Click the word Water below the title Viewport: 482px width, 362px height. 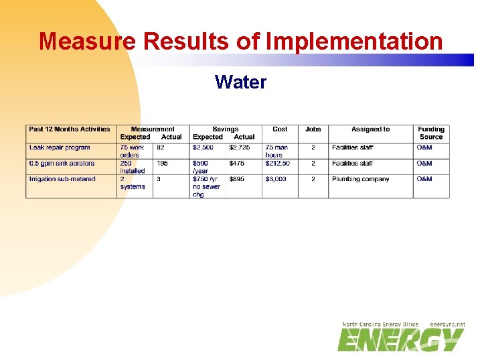[x=240, y=82]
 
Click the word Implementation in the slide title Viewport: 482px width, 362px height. [x=354, y=42]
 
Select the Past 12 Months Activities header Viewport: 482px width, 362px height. [x=70, y=129]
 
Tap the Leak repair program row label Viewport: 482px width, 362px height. [x=60, y=147]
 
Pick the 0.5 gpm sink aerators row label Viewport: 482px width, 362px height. [x=62, y=164]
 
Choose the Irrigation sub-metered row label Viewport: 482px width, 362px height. [x=62, y=179]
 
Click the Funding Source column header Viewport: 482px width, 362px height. [x=431, y=133]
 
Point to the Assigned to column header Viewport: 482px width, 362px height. [x=370, y=129]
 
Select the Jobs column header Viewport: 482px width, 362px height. [x=313, y=129]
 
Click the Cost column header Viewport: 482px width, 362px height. [x=280, y=129]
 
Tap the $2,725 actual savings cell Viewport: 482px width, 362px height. [x=240, y=147]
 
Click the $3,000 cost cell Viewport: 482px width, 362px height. [x=275, y=179]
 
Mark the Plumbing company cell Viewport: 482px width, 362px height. [x=360, y=179]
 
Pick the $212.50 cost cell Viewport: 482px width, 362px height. [x=277, y=164]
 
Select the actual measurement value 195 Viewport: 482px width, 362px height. [x=163, y=164]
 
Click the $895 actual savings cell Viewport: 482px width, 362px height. [x=237, y=179]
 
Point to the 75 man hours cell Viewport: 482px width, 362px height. [x=277, y=151]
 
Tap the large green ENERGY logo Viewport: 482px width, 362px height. [x=400, y=340]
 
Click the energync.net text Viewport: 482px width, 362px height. [x=447, y=324]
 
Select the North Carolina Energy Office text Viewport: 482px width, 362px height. [x=380, y=324]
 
